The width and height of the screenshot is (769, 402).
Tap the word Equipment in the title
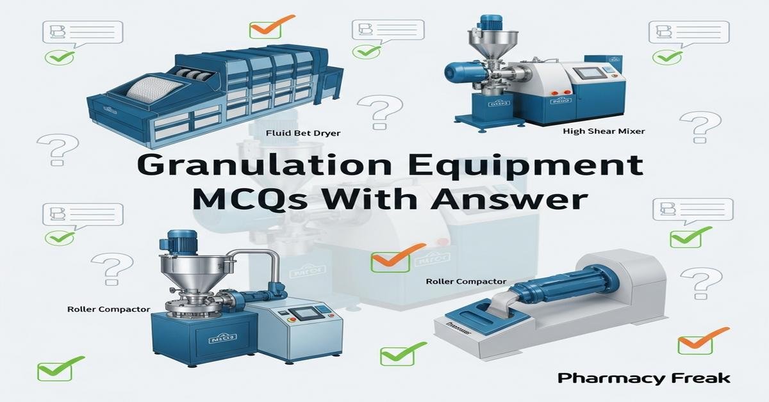pyautogui.click(x=519, y=166)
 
